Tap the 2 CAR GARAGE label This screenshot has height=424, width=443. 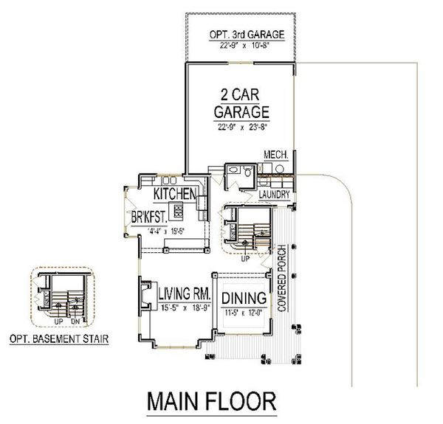(241, 104)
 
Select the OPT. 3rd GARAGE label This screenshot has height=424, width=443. (241, 34)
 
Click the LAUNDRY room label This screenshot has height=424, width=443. (272, 195)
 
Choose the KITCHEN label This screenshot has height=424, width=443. (174, 194)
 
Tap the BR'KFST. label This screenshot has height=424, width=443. (152, 218)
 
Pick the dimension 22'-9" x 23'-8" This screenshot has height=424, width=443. (241, 126)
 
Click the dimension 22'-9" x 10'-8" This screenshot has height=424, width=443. (241, 44)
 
